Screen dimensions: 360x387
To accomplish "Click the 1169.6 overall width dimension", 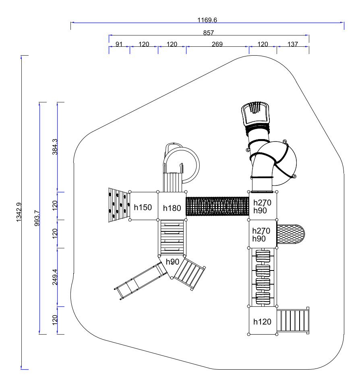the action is [207, 20].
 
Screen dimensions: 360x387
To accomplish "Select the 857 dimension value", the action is [209, 33].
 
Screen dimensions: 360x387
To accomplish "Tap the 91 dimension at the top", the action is [119, 44].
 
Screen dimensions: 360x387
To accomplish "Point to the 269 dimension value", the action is [217, 44].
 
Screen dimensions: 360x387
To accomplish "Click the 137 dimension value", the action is [293, 44].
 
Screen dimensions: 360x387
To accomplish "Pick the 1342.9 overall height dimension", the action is [19, 212].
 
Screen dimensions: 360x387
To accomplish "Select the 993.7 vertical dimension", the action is [37, 218].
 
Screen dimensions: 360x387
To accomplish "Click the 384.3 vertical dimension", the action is [55, 147].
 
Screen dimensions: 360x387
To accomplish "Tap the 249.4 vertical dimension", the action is [55, 277].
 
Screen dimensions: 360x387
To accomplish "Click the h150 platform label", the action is [143, 207].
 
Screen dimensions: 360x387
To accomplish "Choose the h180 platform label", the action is [172, 208].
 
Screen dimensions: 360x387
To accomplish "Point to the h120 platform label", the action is [263, 322].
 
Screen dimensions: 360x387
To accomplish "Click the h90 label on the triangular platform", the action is [173, 262].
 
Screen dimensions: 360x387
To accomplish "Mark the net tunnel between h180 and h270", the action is [217, 206].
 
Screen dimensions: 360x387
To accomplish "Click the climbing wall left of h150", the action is [119, 205].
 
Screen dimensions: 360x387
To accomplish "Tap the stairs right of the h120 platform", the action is [293, 320].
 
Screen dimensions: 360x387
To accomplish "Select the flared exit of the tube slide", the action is [255, 114].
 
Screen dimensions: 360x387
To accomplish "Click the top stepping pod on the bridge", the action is [263, 256].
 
